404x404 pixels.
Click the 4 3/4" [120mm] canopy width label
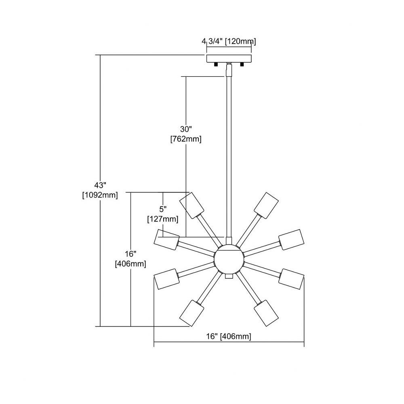click(229, 41)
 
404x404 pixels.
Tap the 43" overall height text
click(100, 185)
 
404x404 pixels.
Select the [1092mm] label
click(100, 195)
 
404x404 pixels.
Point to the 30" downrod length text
click(186, 129)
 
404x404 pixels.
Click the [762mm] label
click(186, 139)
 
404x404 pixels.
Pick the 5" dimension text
click(162, 209)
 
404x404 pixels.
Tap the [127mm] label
click(162, 219)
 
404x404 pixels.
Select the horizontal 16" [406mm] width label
click(229, 336)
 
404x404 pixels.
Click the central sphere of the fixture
click(229, 260)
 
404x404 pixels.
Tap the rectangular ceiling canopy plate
click(229, 58)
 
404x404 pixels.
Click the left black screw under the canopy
click(216, 64)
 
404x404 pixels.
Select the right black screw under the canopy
click(242, 64)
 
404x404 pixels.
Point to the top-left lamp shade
click(191, 205)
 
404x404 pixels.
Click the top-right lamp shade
click(266, 205)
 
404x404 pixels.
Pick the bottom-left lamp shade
click(191, 313)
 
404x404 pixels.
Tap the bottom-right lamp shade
click(266, 313)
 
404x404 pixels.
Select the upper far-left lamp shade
click(167, 239)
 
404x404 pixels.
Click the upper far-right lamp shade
click(291, 239)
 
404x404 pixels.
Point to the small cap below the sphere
click(229, 276)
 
